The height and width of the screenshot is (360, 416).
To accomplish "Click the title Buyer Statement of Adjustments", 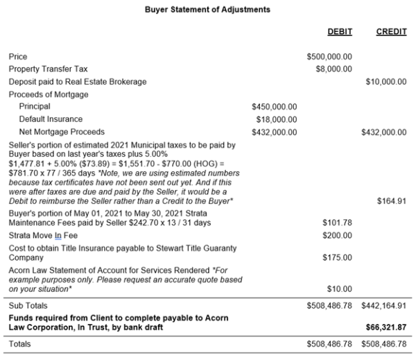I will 208,10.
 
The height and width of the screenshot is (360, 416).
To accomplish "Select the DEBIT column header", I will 340,32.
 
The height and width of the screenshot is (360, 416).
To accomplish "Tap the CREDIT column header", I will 391,32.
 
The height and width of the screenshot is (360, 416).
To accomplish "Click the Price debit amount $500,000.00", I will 329,57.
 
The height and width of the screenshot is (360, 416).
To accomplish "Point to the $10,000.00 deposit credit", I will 385,82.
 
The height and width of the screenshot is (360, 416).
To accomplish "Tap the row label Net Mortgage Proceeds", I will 62,132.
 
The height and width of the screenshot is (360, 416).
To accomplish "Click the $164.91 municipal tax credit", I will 392,201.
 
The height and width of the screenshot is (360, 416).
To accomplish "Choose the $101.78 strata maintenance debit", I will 338,223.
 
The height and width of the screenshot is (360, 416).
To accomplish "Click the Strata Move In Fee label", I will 43,235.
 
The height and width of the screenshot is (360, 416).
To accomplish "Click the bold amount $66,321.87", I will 387,327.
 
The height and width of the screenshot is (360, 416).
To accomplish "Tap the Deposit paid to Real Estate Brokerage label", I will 78,82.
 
